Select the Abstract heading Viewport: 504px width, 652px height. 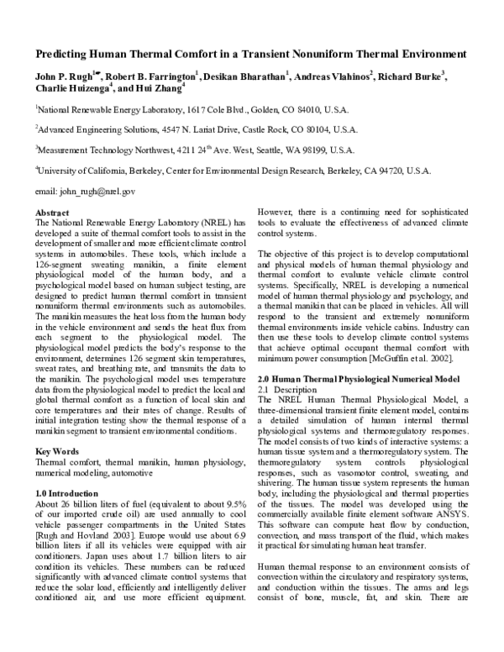coord(53,213)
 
